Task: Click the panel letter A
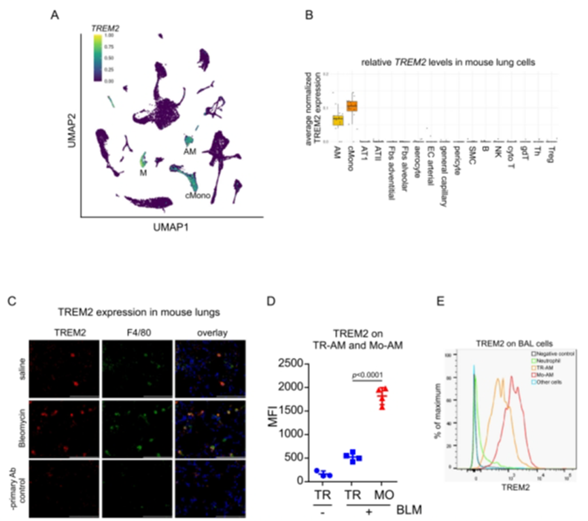pos(55,13)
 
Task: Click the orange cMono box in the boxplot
pos(352,105)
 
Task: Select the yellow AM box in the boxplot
pos(337,120)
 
